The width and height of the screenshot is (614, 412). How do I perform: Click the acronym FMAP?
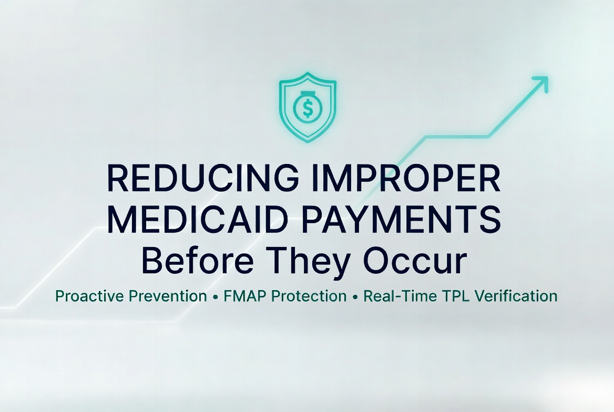coord(243,296)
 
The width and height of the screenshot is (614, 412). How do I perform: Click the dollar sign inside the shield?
coord(308,109)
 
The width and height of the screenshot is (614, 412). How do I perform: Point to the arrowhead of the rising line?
coord(541,83)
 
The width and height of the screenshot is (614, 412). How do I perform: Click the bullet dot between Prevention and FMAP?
coord(216,297)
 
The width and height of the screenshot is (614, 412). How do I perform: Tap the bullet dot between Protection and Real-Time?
coord(355,297)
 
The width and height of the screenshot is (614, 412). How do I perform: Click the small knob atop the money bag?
coord(308,94)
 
